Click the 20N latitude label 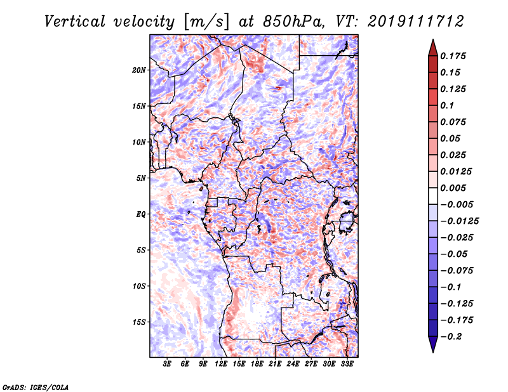click(139, 70)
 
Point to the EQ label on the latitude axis click(140, 214)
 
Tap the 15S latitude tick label click(139, 322)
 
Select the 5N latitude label click(141, 178)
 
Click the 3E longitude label click(167, 364)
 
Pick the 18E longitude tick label click(257, 364)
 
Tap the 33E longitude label click(347, 364)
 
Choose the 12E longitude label click(221, 364)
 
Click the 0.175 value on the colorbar click(453, 56)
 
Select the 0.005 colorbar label click(453, 188)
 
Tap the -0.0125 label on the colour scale click(459, 221)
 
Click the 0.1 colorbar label click(447, 105)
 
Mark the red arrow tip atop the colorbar click(433, 40)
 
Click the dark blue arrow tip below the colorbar click(433, 351)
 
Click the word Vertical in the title click(75, 22)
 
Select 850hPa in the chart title click(293, 22)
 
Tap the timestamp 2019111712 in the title click(416, 22)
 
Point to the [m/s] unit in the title click(206, 22)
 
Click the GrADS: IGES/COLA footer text click(36, 388)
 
